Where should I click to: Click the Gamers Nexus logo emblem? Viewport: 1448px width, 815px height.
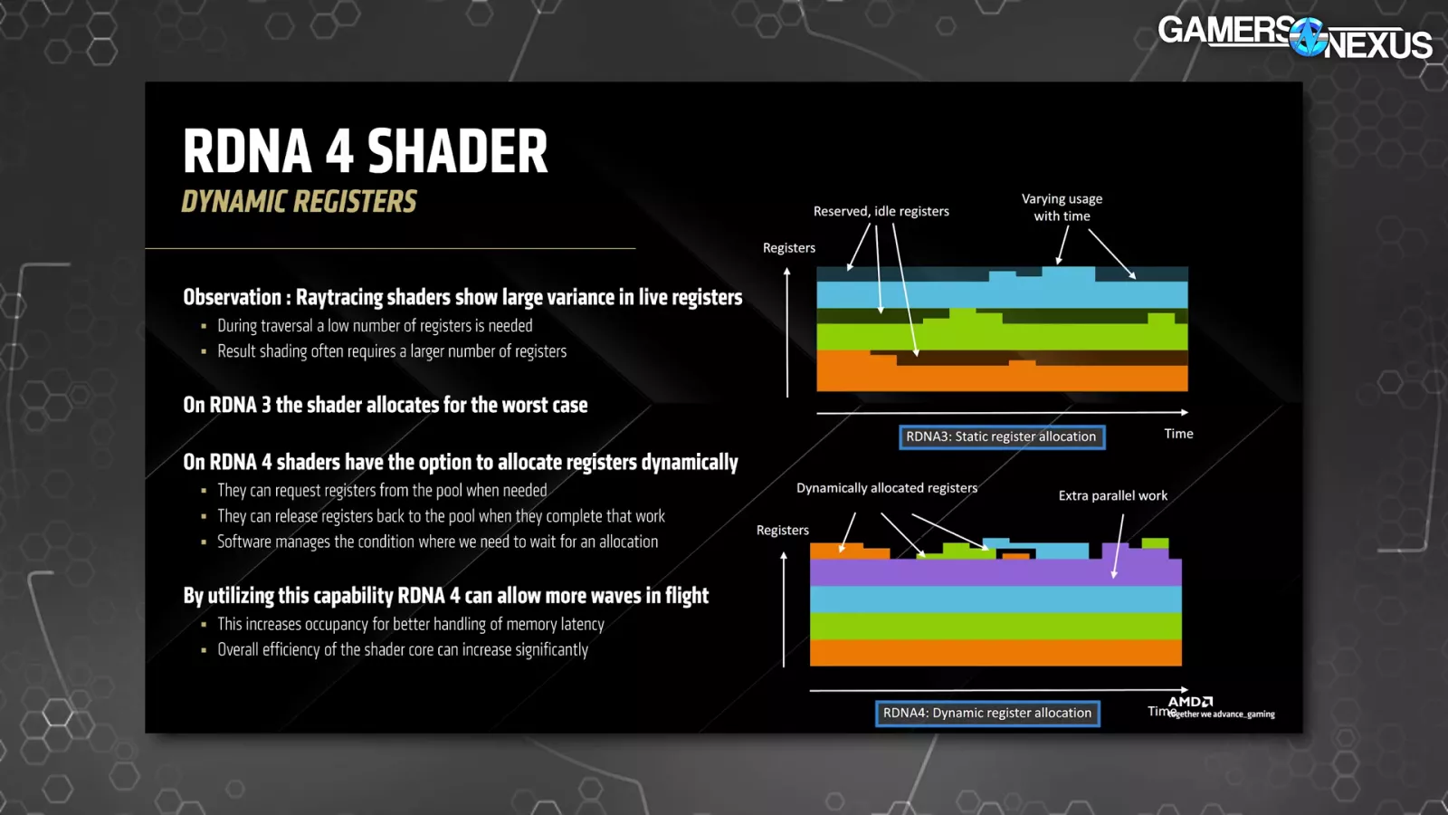(1308, 37)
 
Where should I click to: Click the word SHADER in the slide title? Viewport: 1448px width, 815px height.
(458, 151)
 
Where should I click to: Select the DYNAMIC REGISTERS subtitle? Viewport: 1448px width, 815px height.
(299, 201)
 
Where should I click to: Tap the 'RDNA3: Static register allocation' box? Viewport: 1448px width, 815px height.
(1001, 436)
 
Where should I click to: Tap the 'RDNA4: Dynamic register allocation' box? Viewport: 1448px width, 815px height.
(987, 713)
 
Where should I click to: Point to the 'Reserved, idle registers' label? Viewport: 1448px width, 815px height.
(881, 211)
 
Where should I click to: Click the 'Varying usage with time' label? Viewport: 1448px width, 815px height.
(1062, 207)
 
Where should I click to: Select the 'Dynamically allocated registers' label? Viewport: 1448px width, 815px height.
(886, 488)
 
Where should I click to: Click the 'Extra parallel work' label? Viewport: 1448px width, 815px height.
(1112, 495)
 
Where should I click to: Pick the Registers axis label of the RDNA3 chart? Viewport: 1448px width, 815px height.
(788, 248)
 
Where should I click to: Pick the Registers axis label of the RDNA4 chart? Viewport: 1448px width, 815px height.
(782, 531)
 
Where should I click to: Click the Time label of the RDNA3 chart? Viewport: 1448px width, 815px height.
(1178, 434)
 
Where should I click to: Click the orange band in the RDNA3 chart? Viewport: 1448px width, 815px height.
(1002, 378)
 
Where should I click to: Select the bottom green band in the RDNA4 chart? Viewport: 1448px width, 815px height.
(995, 626)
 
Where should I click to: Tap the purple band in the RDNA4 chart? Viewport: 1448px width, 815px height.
(995, 572)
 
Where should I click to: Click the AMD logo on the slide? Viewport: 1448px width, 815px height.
(1190, 702)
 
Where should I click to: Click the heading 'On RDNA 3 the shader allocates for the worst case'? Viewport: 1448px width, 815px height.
(386, 405)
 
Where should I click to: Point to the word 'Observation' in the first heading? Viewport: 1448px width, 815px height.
(232, 297)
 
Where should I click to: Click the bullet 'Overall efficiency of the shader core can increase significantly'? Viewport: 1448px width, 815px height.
(403, 649)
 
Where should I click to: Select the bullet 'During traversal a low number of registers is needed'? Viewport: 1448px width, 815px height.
(375, 325)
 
